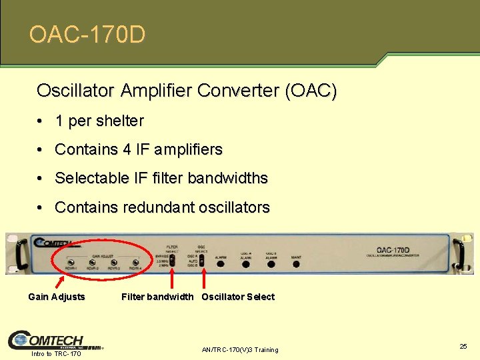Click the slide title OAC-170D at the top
pyautogui.click(x=87, y=34)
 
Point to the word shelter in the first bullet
pyautogui.click(x=120, y=121)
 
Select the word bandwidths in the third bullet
pyautogui.click(x=228, y=178)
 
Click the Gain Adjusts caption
pyautogui.click(x=57, y=297)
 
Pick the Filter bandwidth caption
pyautogui.click(x=157, y=297)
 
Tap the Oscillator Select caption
pyautogui.click(x=238, y=297)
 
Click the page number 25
pyautogui.click(x=463, y=347)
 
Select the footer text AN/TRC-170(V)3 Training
pyautogui.click(x=239, y=350)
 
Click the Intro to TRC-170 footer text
pyautogui.click(x=56, y=353)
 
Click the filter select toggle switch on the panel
pyautogui.click(x=172, y=260)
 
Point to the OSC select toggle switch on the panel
pyautogui.click(x=203, y=260)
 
